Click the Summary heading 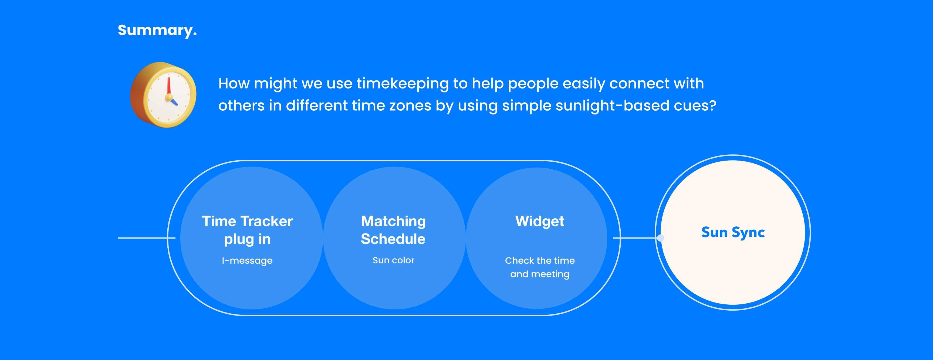pos(157,30)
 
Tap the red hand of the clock pos(169,86)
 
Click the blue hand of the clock pos(174,101)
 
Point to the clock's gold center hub pos(169,97)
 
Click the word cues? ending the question pos(695,106)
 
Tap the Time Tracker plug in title pos(247,230)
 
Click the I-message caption pos(247,261)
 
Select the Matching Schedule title pos(393,230)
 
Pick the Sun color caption pos(393,260)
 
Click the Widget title pos(540,221)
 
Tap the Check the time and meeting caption pos(540,267)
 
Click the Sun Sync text pos(733,232)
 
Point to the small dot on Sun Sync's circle pos(661,238)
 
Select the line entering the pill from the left pos(146,238)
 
